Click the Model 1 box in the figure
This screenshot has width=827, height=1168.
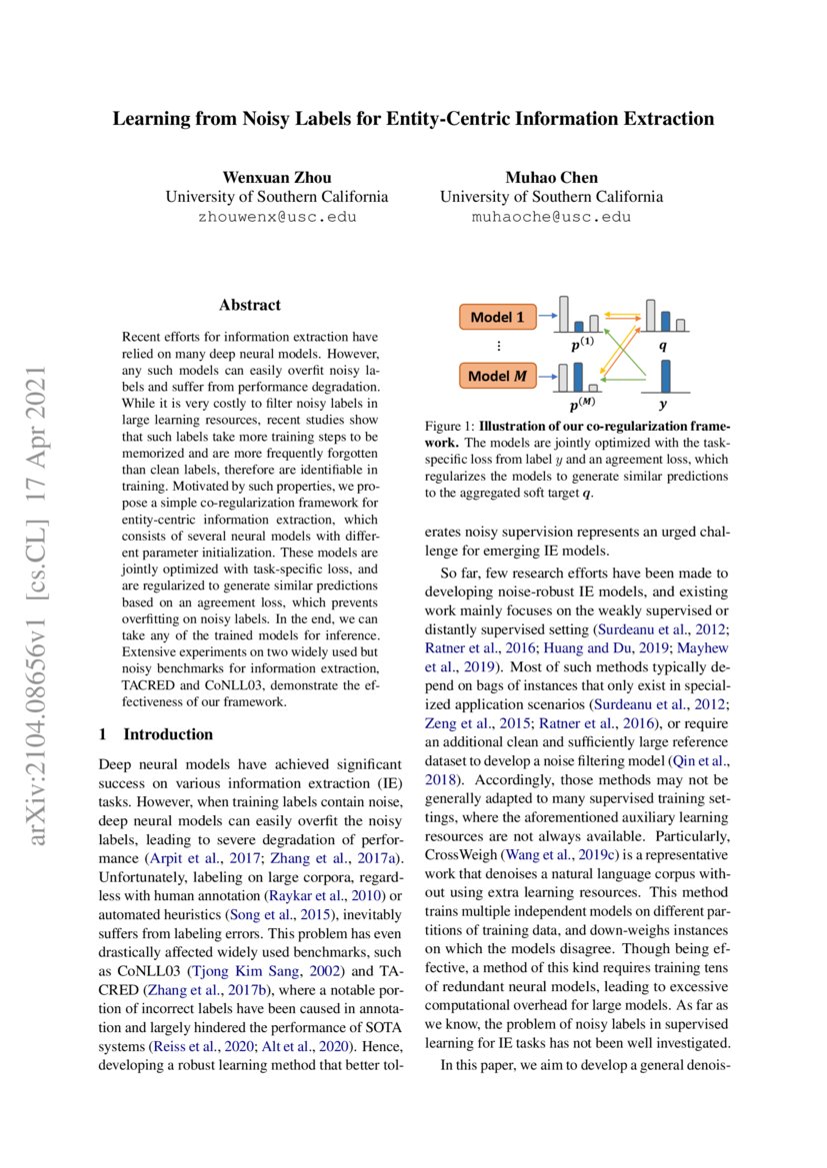coord(497,318)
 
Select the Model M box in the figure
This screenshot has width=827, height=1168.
coord(497,377)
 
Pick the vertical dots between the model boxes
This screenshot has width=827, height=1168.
coord(497,346)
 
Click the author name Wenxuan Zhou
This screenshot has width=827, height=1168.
coord(277,178)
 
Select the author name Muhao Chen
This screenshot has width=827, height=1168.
coord(551,178)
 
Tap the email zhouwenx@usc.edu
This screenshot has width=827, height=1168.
coord(277,216)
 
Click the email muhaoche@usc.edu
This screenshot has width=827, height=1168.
coord(551,216)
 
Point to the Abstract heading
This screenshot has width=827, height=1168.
coord(250,306)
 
